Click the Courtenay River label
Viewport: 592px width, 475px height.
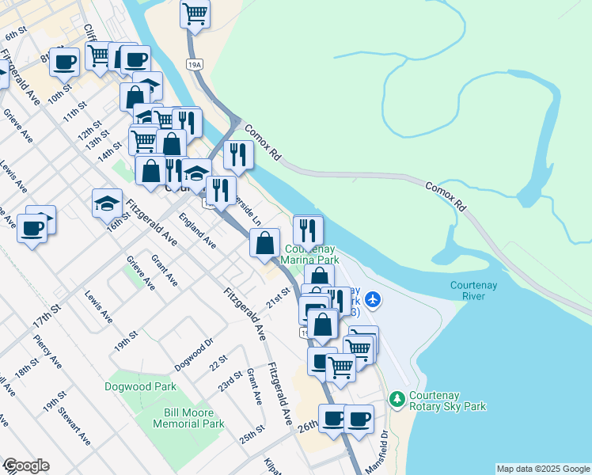472,291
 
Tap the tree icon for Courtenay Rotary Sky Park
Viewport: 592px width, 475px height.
398,397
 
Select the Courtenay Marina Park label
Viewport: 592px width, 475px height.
311,253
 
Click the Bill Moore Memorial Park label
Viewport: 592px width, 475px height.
194,418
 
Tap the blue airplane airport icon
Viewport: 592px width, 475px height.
374,300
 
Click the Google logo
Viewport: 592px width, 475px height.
25,465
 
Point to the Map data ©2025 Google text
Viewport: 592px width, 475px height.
543,469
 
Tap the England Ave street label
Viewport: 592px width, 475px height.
197,230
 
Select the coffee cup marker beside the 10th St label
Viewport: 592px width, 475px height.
64,61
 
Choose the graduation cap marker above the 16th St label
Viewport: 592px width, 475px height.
107,203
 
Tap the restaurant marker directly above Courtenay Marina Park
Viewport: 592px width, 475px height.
308,230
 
